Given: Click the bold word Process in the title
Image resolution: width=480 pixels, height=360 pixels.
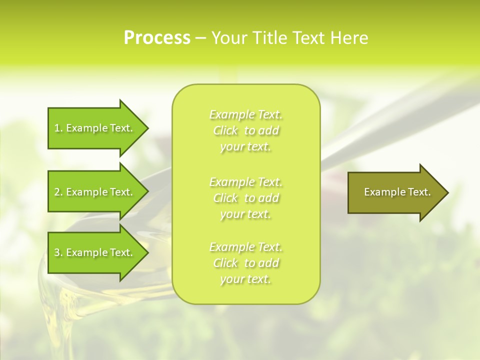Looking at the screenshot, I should pyautogui.click(x=157, y=38).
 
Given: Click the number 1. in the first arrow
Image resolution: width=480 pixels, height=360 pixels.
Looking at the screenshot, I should pyautogui.click(x=58, y=128).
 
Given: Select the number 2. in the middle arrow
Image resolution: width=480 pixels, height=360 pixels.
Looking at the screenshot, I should pyautogui.click(x=58, y=192).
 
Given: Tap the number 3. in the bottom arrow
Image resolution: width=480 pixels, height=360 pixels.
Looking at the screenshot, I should pyautogui.click(x=58, y=252).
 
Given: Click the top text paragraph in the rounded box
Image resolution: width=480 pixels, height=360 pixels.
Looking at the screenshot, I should pyautogui.click(x=245, y=130).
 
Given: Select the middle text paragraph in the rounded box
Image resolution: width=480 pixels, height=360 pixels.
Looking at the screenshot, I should pyautogui.click(x=245, y=197).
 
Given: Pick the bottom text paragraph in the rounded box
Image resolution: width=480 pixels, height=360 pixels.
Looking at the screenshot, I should pyautogui.click(x=245, y=263).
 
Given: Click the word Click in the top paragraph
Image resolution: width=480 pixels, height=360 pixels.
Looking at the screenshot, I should pyautogui.click(x=225, y=131).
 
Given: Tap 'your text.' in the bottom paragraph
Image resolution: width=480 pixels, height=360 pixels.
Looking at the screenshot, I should pyautogui.click(x=245, y=279).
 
